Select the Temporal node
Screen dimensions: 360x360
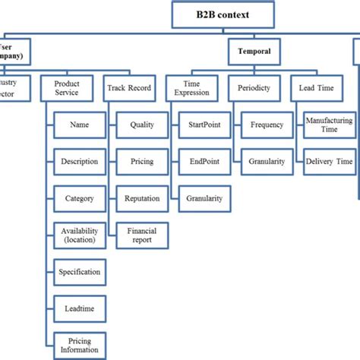(x=254, y=52)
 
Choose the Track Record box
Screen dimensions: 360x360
(x=129, y=87)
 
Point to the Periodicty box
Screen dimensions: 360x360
(x=254, y=87)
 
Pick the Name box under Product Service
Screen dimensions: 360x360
(x=79, y=124)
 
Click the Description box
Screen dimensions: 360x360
(x=79, y=161)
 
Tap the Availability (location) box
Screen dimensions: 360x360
(x=79, y=235)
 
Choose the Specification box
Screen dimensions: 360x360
(x=79, y=272)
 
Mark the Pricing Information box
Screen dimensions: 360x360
(x=79, y=346)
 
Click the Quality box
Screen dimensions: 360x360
(x=142, y=124)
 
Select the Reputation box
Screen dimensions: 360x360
(x=142, y=198)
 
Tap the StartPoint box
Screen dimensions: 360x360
(x=204, y=124)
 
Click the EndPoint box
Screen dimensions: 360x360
(x=204, y=161)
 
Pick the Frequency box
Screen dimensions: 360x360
(x=267, y=124)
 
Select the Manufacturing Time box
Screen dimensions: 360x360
(x=328, y=124)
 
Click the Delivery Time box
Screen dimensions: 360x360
(x=328, y=161)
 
